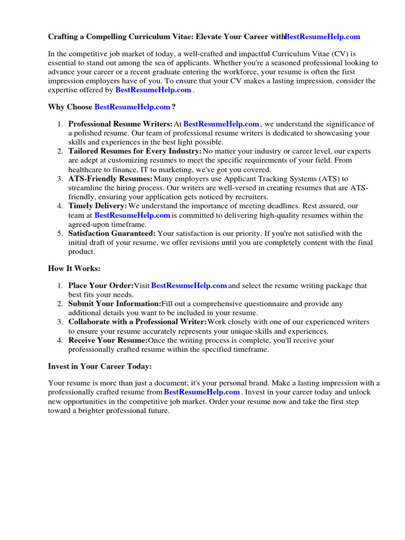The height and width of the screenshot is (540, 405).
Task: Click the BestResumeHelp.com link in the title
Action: [x=322, y=36]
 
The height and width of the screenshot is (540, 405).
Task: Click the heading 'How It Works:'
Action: [x=74, y=268]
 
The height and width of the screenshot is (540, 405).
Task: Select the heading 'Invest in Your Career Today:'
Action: [x=100, y=366]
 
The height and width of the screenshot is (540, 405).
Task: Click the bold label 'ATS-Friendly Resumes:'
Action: [x=110, y=179]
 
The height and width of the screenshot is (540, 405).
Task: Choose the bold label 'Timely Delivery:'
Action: [x=98, y=206]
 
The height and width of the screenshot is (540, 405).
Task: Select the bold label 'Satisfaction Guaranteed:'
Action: [x=112, y=234]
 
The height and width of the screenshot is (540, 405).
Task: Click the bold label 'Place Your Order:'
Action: [x=101, y=286]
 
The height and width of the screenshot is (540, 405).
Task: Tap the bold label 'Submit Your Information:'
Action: [x=114, y=304]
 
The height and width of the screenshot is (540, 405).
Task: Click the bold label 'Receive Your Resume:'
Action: [x=108, y=340]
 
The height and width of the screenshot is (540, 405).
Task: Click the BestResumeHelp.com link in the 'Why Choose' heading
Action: [x=132, y=107]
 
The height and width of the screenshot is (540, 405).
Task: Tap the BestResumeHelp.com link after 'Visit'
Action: [x=189, y=286]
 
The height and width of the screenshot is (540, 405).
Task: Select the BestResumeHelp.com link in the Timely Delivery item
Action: [x=132, y=215]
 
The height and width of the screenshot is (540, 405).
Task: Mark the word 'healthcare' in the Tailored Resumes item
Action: [x=87, y=169]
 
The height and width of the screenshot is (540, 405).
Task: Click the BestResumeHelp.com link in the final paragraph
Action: [x=201, y=392]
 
